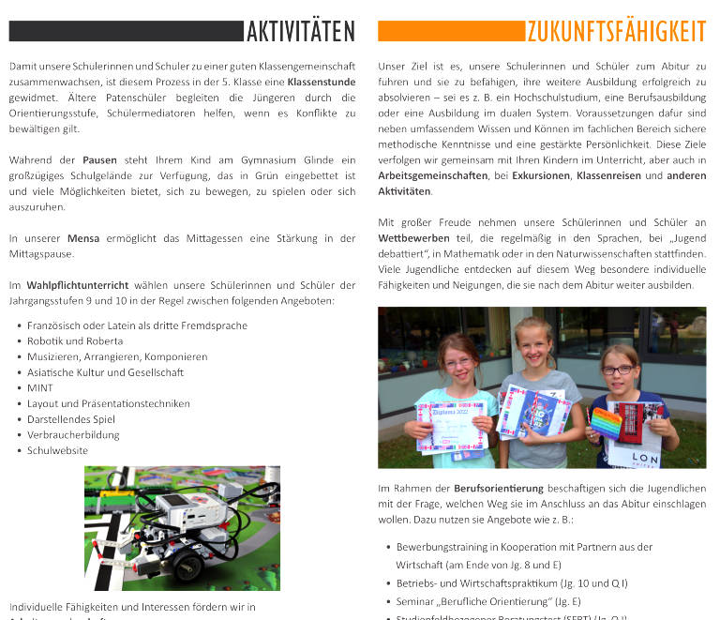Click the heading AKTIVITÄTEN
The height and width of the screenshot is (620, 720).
click(301, 32)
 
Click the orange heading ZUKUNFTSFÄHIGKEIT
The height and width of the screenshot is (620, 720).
click(616, 32)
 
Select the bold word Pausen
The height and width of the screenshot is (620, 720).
click(99, 160)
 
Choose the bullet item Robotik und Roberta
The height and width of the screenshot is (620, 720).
click(75, 341)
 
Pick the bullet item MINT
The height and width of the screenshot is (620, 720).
click(40, 388)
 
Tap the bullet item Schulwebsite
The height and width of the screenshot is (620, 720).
click(58, 450)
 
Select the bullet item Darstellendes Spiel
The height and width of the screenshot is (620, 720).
click(71, 419)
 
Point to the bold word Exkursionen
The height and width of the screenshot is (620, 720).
click(540, 175)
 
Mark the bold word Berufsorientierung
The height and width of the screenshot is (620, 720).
click(499, 489)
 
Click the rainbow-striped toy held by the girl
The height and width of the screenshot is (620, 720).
click(606, 422)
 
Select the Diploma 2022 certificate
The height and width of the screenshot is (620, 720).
click(451, 425)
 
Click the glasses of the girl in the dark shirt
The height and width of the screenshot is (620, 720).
click(619, 370)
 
